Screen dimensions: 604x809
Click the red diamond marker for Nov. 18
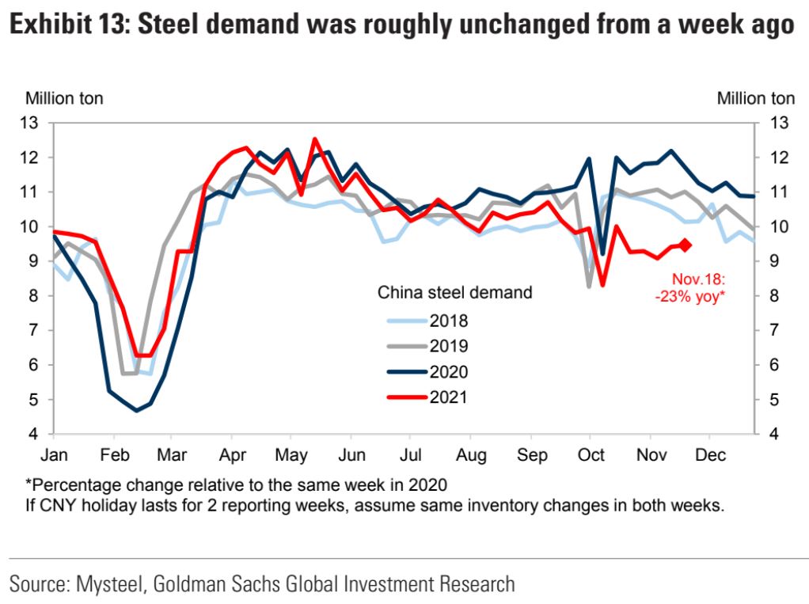686,245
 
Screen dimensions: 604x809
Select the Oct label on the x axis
591,455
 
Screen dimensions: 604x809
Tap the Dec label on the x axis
709,455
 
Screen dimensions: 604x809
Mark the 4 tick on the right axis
778,435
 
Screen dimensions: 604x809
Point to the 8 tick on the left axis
32,296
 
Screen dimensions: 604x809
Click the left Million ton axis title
65,99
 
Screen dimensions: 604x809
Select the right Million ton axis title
755,99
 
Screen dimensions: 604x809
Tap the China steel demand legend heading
454,292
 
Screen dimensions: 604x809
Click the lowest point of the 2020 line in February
137,410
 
